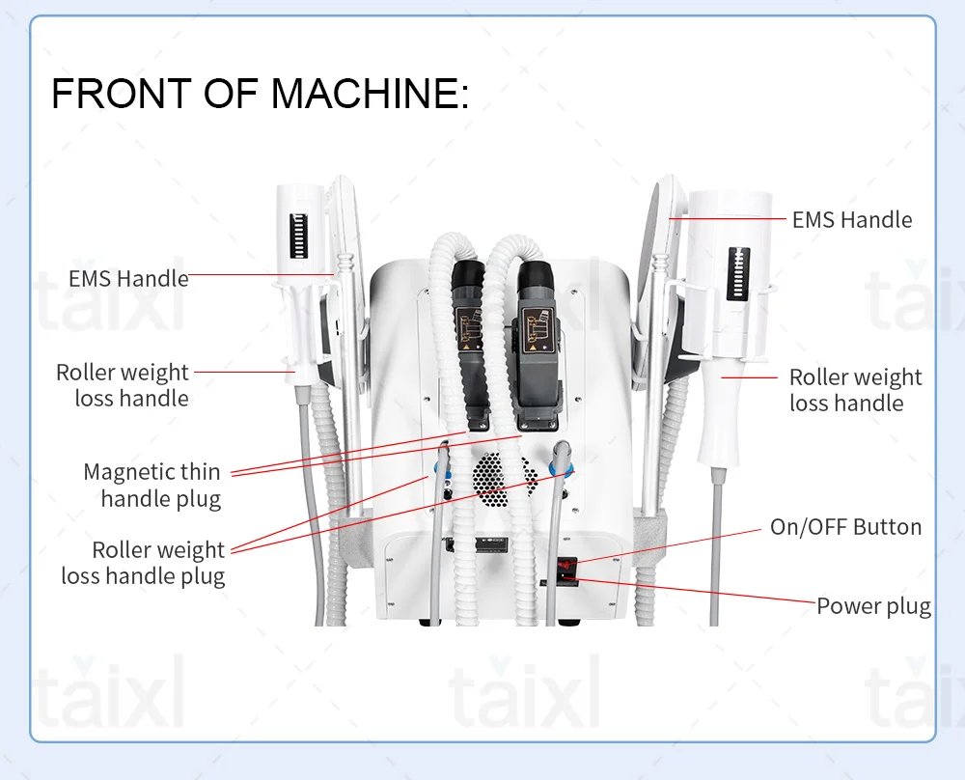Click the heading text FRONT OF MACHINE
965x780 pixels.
(x=259, y=94)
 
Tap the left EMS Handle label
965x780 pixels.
(x=128, y=279)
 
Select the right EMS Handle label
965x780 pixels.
(x=851, y=220)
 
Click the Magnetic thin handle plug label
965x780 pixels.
(x=152, y=486)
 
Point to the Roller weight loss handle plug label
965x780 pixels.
(x=145, y=563)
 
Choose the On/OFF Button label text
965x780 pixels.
(x=845, y=527)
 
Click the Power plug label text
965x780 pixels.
(x=873, y=606)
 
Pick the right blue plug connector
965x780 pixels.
(x=562, y=465)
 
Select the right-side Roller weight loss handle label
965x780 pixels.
(x=855, y=390)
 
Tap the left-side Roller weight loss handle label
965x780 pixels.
(x=124, y=385)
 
